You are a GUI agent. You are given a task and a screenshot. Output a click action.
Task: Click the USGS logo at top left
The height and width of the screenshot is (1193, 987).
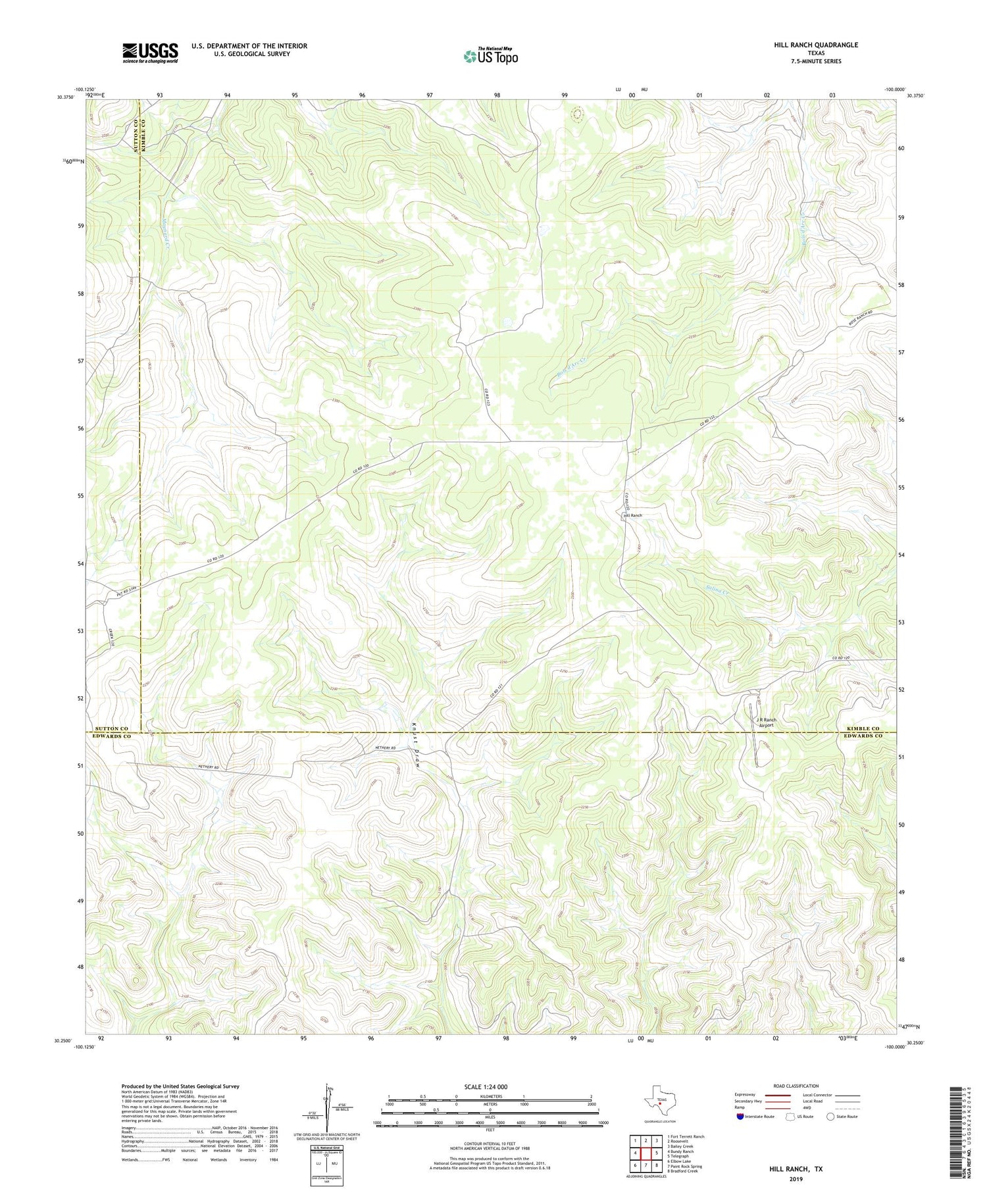(150, 53)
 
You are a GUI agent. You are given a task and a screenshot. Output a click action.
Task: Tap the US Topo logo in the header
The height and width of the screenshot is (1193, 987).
(491, 57)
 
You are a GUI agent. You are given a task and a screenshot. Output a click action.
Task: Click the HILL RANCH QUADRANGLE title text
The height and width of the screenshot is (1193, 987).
(815, 45)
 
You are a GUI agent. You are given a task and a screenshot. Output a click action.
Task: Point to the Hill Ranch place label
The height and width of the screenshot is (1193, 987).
(633, 515)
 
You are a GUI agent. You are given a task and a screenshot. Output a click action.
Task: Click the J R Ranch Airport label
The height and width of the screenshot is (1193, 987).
(766, 723)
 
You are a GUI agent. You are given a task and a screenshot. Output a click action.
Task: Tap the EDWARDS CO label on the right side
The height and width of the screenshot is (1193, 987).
(862, 736)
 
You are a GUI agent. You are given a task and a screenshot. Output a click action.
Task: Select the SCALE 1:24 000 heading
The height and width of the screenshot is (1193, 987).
(489, 1086)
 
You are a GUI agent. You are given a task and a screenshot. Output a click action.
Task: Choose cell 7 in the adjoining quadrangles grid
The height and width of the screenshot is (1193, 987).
(646, 1165)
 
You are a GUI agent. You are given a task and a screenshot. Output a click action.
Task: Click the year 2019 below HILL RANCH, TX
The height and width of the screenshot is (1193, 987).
(796, 1178)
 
